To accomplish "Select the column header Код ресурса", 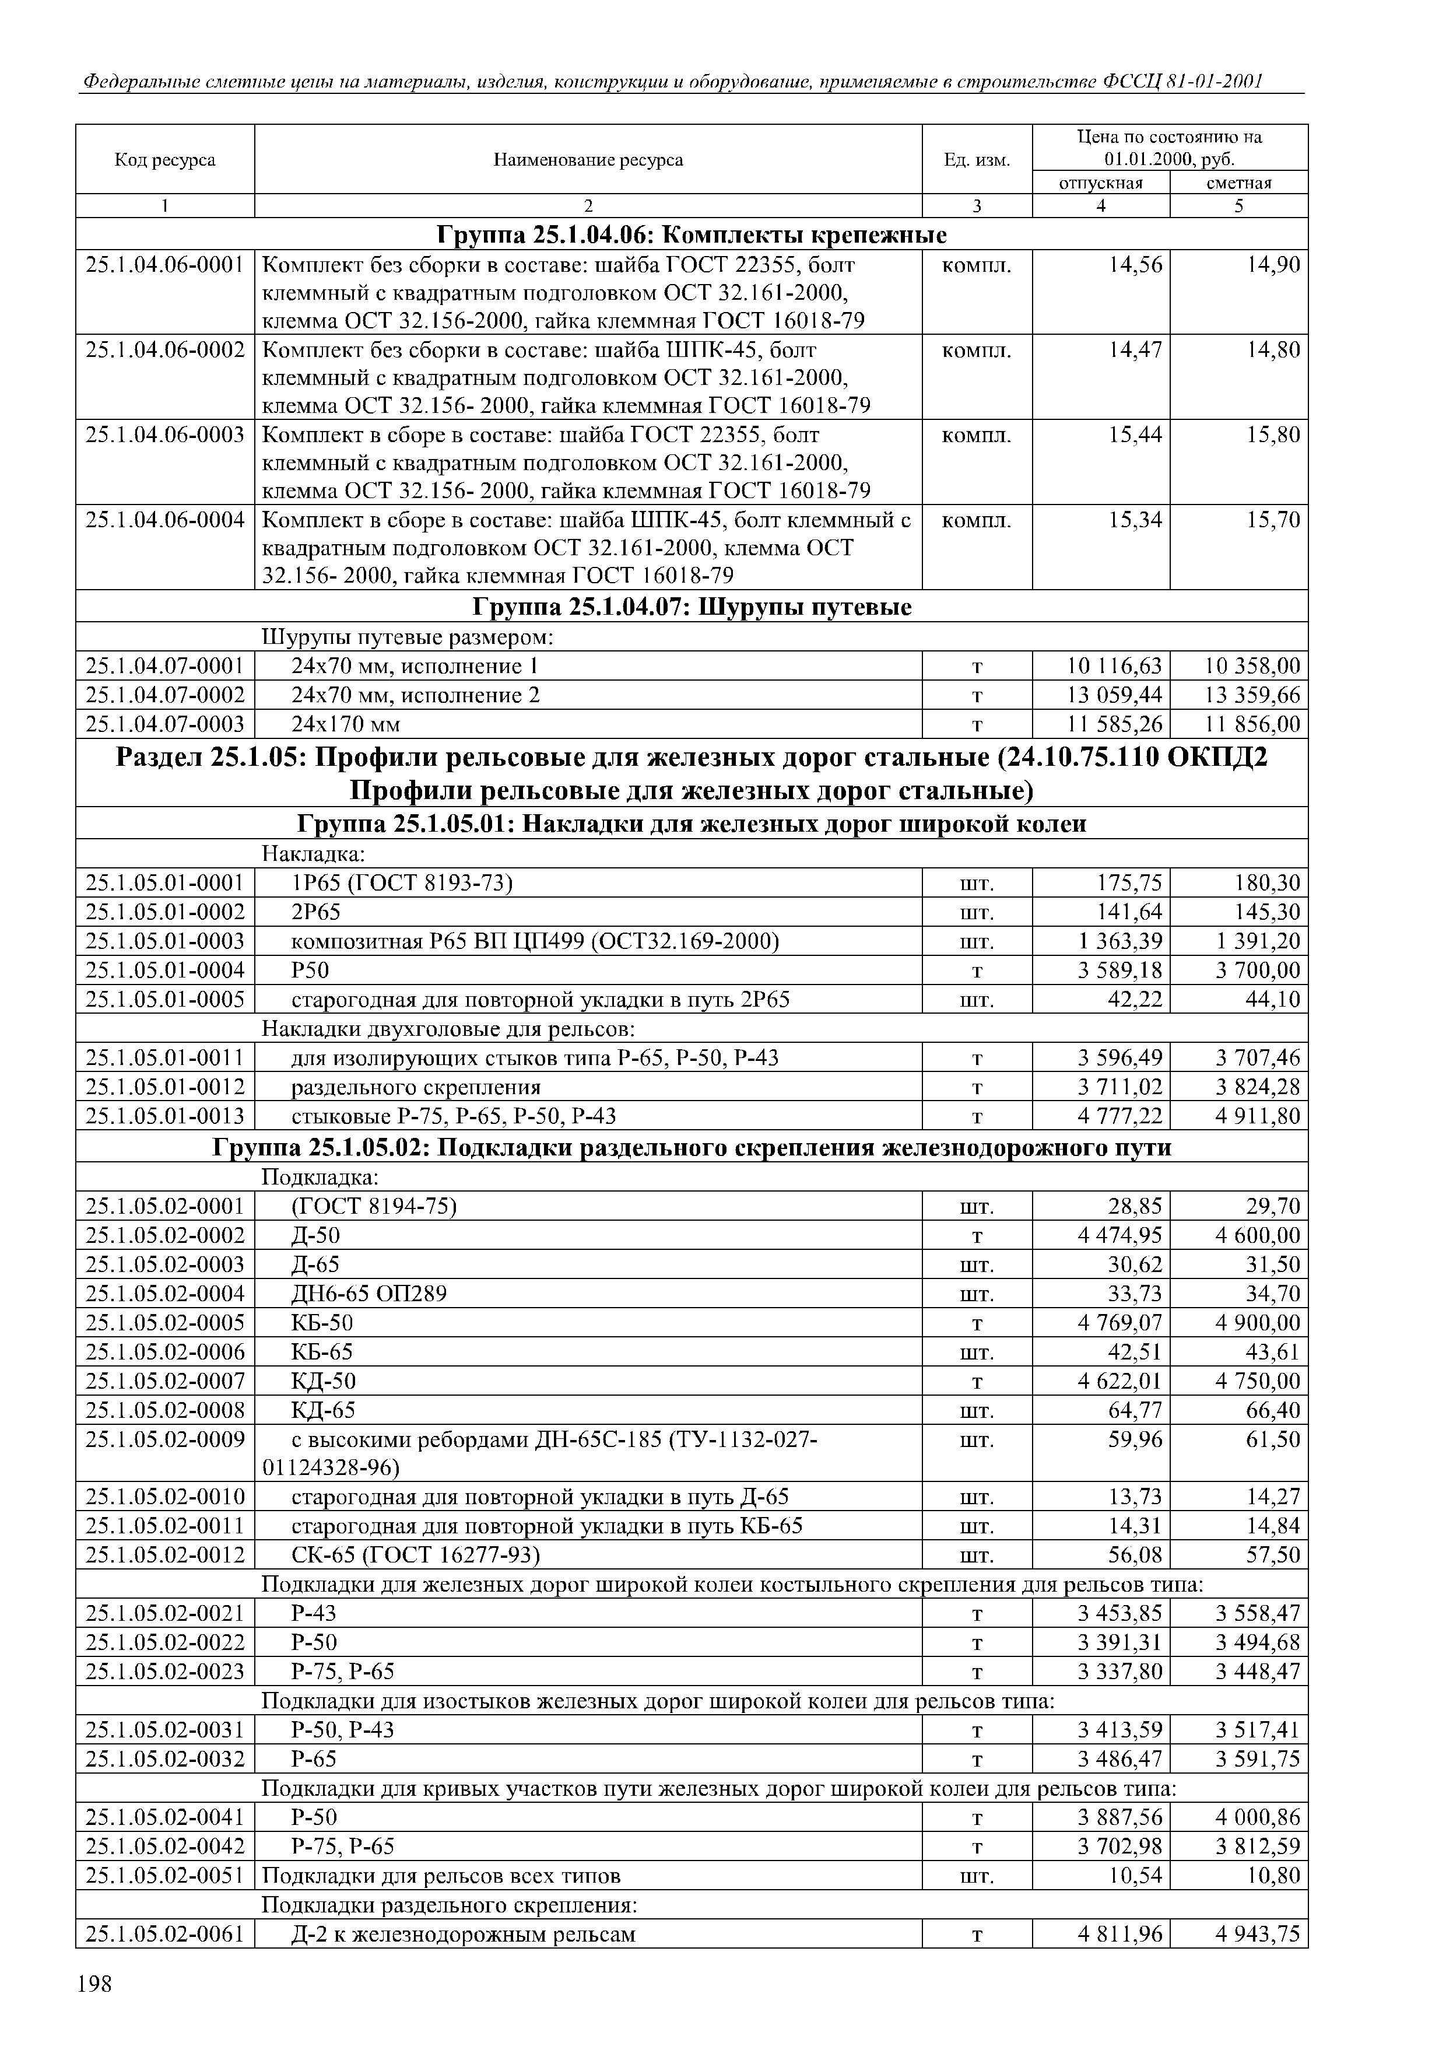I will (165, 160).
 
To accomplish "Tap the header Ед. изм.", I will (977, 160).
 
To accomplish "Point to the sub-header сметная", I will (1238, 183).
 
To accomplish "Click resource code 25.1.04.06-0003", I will (165, 435).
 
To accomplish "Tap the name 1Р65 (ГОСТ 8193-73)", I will (403, 883).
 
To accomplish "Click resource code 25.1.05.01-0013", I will (165, 1116).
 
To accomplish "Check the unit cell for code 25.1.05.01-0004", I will (977, 971).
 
